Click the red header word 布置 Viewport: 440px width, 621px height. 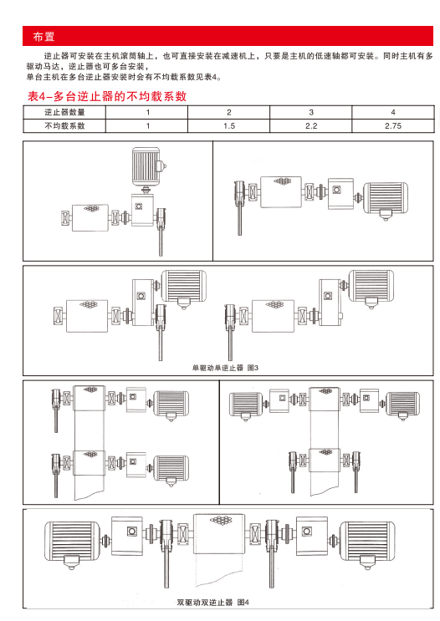pyautogui.click(x=43, y=37)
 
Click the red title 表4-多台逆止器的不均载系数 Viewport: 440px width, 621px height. pyautogui.click(x=107, y=96)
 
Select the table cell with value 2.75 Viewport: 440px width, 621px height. pyautogui.click(x=393, y=126)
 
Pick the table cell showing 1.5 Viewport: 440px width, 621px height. pyautogui.click(x=228, y=126)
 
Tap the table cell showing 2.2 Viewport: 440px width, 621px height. pyautogui.click(x=311, y=126)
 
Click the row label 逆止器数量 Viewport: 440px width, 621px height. pyautogui.click(x=64, y=113)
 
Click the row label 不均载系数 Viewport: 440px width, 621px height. pyautogui.click(x=64, y=126)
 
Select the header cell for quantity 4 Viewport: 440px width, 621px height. pyautogui.click(x=393, y=113)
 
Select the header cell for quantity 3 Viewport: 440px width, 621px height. pyautogui.click(x=311, y=113)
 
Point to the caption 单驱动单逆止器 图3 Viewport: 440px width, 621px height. pyautogui.click(x=225, y=368)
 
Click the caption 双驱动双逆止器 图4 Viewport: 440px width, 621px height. pyautogui.click(x=212, y=603)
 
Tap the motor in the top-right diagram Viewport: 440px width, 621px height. pyautogui.click(x=386, y=200)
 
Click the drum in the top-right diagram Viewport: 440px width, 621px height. pyautogui.click(x=281, y=192)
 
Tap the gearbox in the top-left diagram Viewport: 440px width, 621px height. pyautogui.click(x=142, y=210)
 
